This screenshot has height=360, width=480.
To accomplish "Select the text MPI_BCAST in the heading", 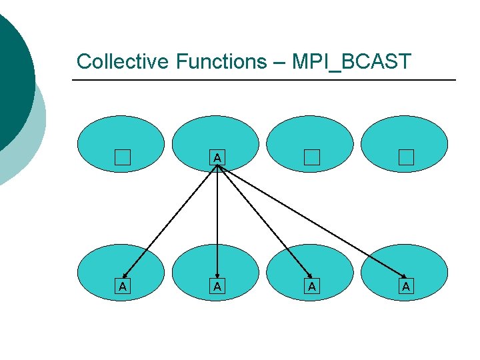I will tap(353, 61).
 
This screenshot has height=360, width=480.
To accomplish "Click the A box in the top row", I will tap(217, 158).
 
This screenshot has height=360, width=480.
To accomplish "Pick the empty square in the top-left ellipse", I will tap(121, 158).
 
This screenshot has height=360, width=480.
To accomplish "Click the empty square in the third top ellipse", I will tap(312, 158).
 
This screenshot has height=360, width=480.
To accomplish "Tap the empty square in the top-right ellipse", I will tap(406, 158).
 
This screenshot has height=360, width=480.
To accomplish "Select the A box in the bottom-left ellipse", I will tap(121, 287).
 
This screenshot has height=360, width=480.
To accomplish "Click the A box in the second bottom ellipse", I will tap(217, 287).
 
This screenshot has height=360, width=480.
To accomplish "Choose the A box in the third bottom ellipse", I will tap(311, 287).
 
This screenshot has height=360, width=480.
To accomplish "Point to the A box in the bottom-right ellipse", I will tap(405, 287).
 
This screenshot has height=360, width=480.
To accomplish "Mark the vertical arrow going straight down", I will tap(217, 220).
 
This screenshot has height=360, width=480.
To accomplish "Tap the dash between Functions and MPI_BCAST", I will tap(277, 63).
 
